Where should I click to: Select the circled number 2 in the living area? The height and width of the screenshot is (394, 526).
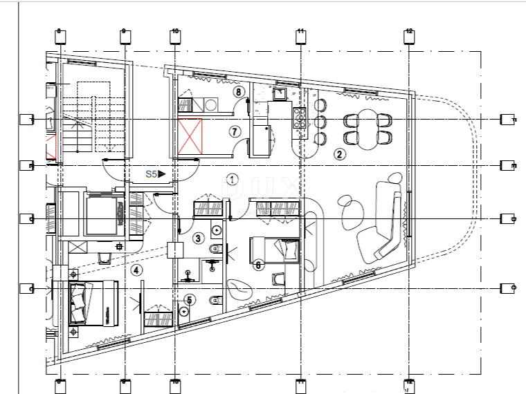coord(339,154)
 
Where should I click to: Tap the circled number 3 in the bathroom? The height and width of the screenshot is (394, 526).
coord(198,238)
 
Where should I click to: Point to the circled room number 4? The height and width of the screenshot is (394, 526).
coord(137,270)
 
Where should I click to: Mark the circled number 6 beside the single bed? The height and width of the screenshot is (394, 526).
coord(257,264)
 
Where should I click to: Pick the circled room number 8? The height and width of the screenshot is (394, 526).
coord(238,91)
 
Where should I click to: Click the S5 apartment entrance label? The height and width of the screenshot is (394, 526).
coord(154,175)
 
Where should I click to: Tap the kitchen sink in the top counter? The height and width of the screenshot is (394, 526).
coord(281,93)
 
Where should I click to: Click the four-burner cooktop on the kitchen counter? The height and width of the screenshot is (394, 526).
coord(301,120)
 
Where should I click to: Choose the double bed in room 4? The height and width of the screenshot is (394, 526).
coord(93,302)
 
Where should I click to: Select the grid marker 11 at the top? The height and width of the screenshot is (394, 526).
coord(300,36)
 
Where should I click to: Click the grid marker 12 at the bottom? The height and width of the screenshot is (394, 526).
coord(409,385)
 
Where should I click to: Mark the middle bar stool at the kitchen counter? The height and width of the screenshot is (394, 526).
coord(320,122)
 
